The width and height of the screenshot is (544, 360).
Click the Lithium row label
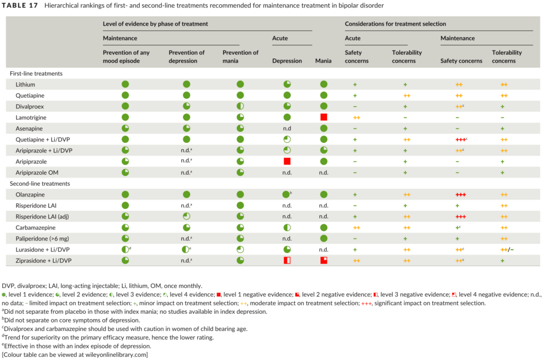(26, 84)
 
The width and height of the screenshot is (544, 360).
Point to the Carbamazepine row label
(34, 227)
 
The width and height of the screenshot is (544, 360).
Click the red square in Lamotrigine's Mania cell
(324, 117)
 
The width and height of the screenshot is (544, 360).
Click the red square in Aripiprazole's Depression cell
(287, 161)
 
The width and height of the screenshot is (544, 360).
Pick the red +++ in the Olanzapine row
(461, 195)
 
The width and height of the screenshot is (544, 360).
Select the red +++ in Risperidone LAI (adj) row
(461, 217)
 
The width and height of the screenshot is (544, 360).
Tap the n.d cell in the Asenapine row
(287, 128)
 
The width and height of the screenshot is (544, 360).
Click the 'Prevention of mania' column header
(241, 56)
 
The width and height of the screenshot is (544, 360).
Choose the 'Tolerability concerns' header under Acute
(407, 56)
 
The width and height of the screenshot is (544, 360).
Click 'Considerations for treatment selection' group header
(395, 24)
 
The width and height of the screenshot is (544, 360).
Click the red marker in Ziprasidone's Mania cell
(324, 260)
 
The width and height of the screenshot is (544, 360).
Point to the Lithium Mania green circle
(324, 84)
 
